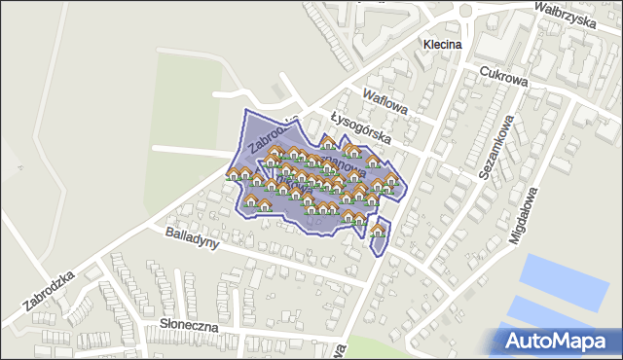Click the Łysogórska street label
[360, 126]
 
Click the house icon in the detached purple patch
[378, 233]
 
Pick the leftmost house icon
[235, 175]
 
